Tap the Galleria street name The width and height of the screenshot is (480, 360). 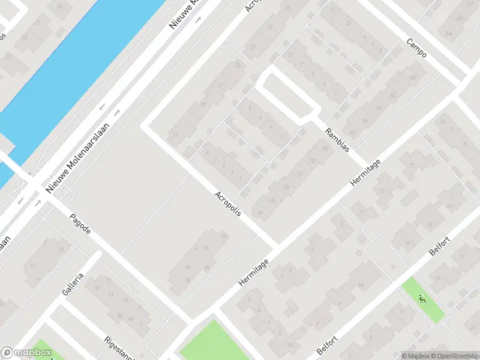pos(72,284)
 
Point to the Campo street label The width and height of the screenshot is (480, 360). pos(416,49)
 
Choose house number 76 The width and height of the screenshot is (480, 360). pos(311,161)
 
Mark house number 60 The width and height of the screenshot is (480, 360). pos(260,212)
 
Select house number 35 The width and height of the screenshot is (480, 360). pos(287,7)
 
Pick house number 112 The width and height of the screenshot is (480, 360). pos(469,5)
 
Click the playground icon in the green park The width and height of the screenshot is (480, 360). pos(423,296)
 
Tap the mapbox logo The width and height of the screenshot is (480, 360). pos(26,353)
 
